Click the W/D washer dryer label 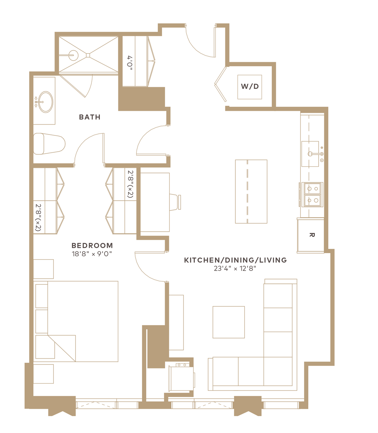[250, 86]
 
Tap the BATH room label [90, 117]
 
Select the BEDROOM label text [92, 245]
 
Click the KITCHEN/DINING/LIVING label [235, 260]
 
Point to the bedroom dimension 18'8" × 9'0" [92, 254]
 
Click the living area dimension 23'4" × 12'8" [235, 269]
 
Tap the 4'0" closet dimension [130, 63]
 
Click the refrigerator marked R [311, 236]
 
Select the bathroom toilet [49, 144]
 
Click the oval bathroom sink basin [45, 102]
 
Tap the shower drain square [88, 55]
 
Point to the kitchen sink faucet [316, 154]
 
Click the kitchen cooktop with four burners [313, 194]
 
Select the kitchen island [251, 192]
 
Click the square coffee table [229, 322]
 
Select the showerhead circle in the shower [74, 55]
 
